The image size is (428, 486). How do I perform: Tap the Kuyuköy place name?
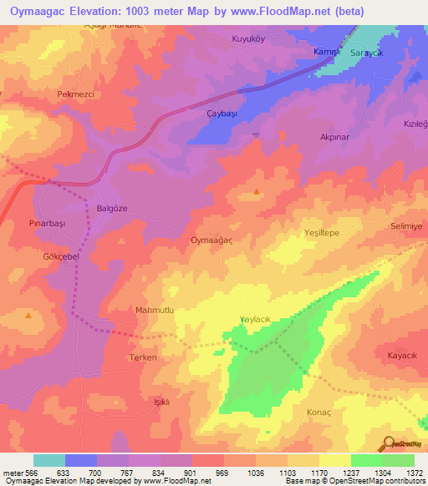[x=249, y=38]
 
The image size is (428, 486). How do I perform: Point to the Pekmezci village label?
[x=75, y=94]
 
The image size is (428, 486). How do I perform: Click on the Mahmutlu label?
[x=154, y=310]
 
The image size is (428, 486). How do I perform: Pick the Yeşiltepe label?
[x=321, y=235]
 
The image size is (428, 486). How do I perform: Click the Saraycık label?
[x=367, y=53]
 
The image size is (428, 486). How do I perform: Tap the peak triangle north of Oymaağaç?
[x=255, y=193]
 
